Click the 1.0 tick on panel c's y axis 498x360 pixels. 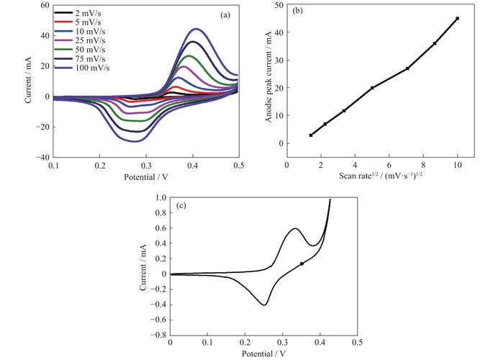point(159,198)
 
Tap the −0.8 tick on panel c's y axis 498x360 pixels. point(157,335)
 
